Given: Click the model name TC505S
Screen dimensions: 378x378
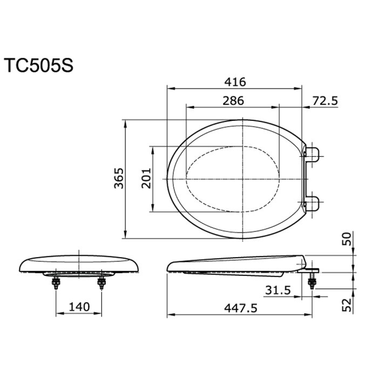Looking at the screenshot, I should point(37,65).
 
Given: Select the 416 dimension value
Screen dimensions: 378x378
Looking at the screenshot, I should point(235,82).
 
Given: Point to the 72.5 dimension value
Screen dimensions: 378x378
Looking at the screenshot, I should point(325,100).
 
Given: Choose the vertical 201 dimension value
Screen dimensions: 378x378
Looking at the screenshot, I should point(146,179).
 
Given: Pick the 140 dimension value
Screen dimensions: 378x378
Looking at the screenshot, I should point(79,307).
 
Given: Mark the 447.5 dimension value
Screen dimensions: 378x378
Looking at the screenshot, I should point(239,307).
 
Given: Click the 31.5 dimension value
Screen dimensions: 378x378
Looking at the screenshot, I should point(278,291).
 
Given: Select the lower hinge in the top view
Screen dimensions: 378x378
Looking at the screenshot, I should point(313,204).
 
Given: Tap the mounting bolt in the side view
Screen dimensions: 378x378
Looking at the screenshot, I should point(312,282).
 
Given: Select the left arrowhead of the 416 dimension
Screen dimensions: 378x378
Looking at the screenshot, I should point(169,89).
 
